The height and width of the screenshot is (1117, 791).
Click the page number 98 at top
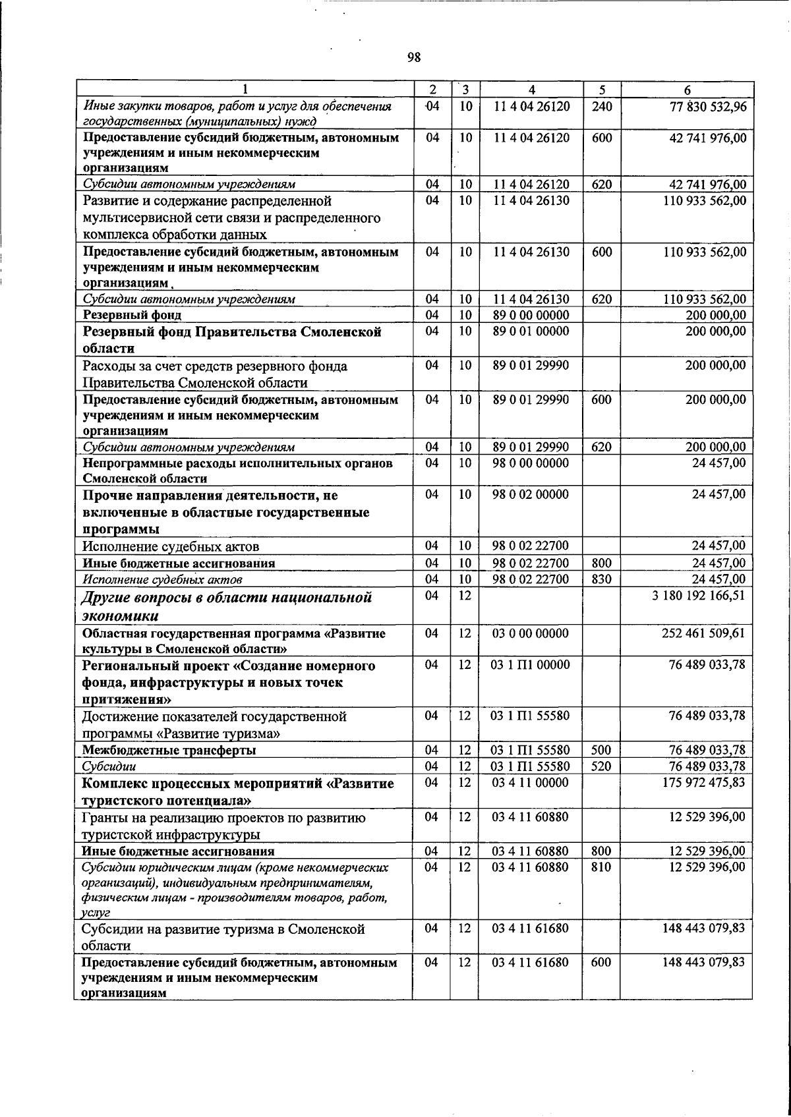pyautogui.click(x=414, y=57)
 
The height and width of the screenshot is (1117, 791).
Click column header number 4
pyautogui.click(x=531, y=90)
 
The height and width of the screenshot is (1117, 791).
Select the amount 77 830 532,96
pyautogui.click(x=707, y=106)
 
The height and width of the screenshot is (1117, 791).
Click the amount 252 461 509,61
pyautogui.click(x=703, y=633)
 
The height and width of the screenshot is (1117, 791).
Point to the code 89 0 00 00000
pyautogui.click(x=531, y=315)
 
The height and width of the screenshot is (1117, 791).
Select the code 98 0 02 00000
pyautogui.click(x=531, y=494)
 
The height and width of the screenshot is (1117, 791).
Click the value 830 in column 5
pyautogui.click(x=601, y=579)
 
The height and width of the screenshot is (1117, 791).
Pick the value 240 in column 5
pyautogui.click(x=601, y=106)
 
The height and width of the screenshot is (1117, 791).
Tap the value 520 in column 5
pyautogui.click(x=601, y=766)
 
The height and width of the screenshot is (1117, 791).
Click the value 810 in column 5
pyautogui.click(x=601, y=867)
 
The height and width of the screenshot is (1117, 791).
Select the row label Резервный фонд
pyautogui.click(x=132, y=315)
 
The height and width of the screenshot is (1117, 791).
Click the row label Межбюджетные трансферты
pyautogui.click(x=169, y=750)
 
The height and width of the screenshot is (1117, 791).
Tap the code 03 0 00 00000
pyautogui.click(x=531, y=633)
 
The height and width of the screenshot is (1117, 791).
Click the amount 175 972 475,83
pyautogui.click(x=703, y=782)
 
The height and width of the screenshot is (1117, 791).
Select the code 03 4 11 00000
pyautogui.click(x=531, y=782)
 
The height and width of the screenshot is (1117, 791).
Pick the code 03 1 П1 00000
pyautogui.click(x=531, y=665)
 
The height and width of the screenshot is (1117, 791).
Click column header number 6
pyautogui.click(x=687, y=90)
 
